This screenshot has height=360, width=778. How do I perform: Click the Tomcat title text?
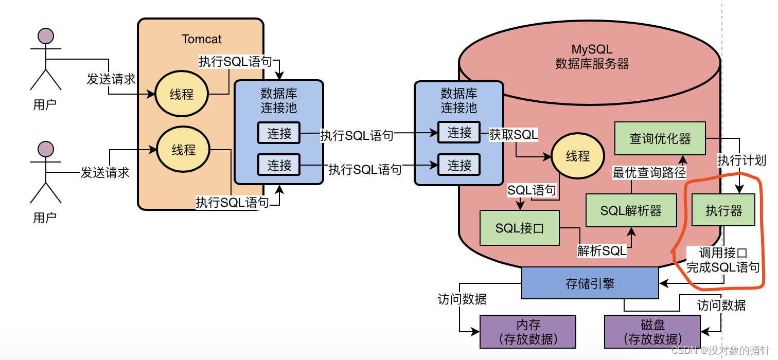coord(201,39)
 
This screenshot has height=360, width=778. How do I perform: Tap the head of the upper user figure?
coord(46,36)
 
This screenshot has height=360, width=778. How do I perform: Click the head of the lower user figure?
coord(46,149)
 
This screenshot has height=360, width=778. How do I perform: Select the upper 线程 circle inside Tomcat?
coord(182,94)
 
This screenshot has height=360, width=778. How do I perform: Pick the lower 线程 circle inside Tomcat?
coord(183,150)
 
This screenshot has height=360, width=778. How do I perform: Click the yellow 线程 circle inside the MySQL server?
coord(577,156)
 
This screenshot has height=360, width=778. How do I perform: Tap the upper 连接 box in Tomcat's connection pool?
coord(279,134)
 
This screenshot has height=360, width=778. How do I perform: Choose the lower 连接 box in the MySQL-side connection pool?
coord(459,165)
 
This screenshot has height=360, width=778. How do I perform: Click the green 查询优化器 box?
coord(660,138)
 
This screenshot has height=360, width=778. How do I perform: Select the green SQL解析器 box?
coord(631,210)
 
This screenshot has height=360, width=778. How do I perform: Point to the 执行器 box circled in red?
coord(723,210)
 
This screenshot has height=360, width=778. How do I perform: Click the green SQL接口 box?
coord(519,228)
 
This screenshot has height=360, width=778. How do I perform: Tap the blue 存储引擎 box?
coord(590,283)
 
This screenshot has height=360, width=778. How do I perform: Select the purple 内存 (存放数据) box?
coord(527,332)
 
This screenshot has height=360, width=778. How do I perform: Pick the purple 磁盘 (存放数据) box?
coord(652,332)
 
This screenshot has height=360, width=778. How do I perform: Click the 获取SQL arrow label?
coord(513,135)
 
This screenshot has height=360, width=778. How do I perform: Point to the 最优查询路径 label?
coord(649,173)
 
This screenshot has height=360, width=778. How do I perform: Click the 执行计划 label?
coord(741,160)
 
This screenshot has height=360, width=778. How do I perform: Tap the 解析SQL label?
coord(602,251)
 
